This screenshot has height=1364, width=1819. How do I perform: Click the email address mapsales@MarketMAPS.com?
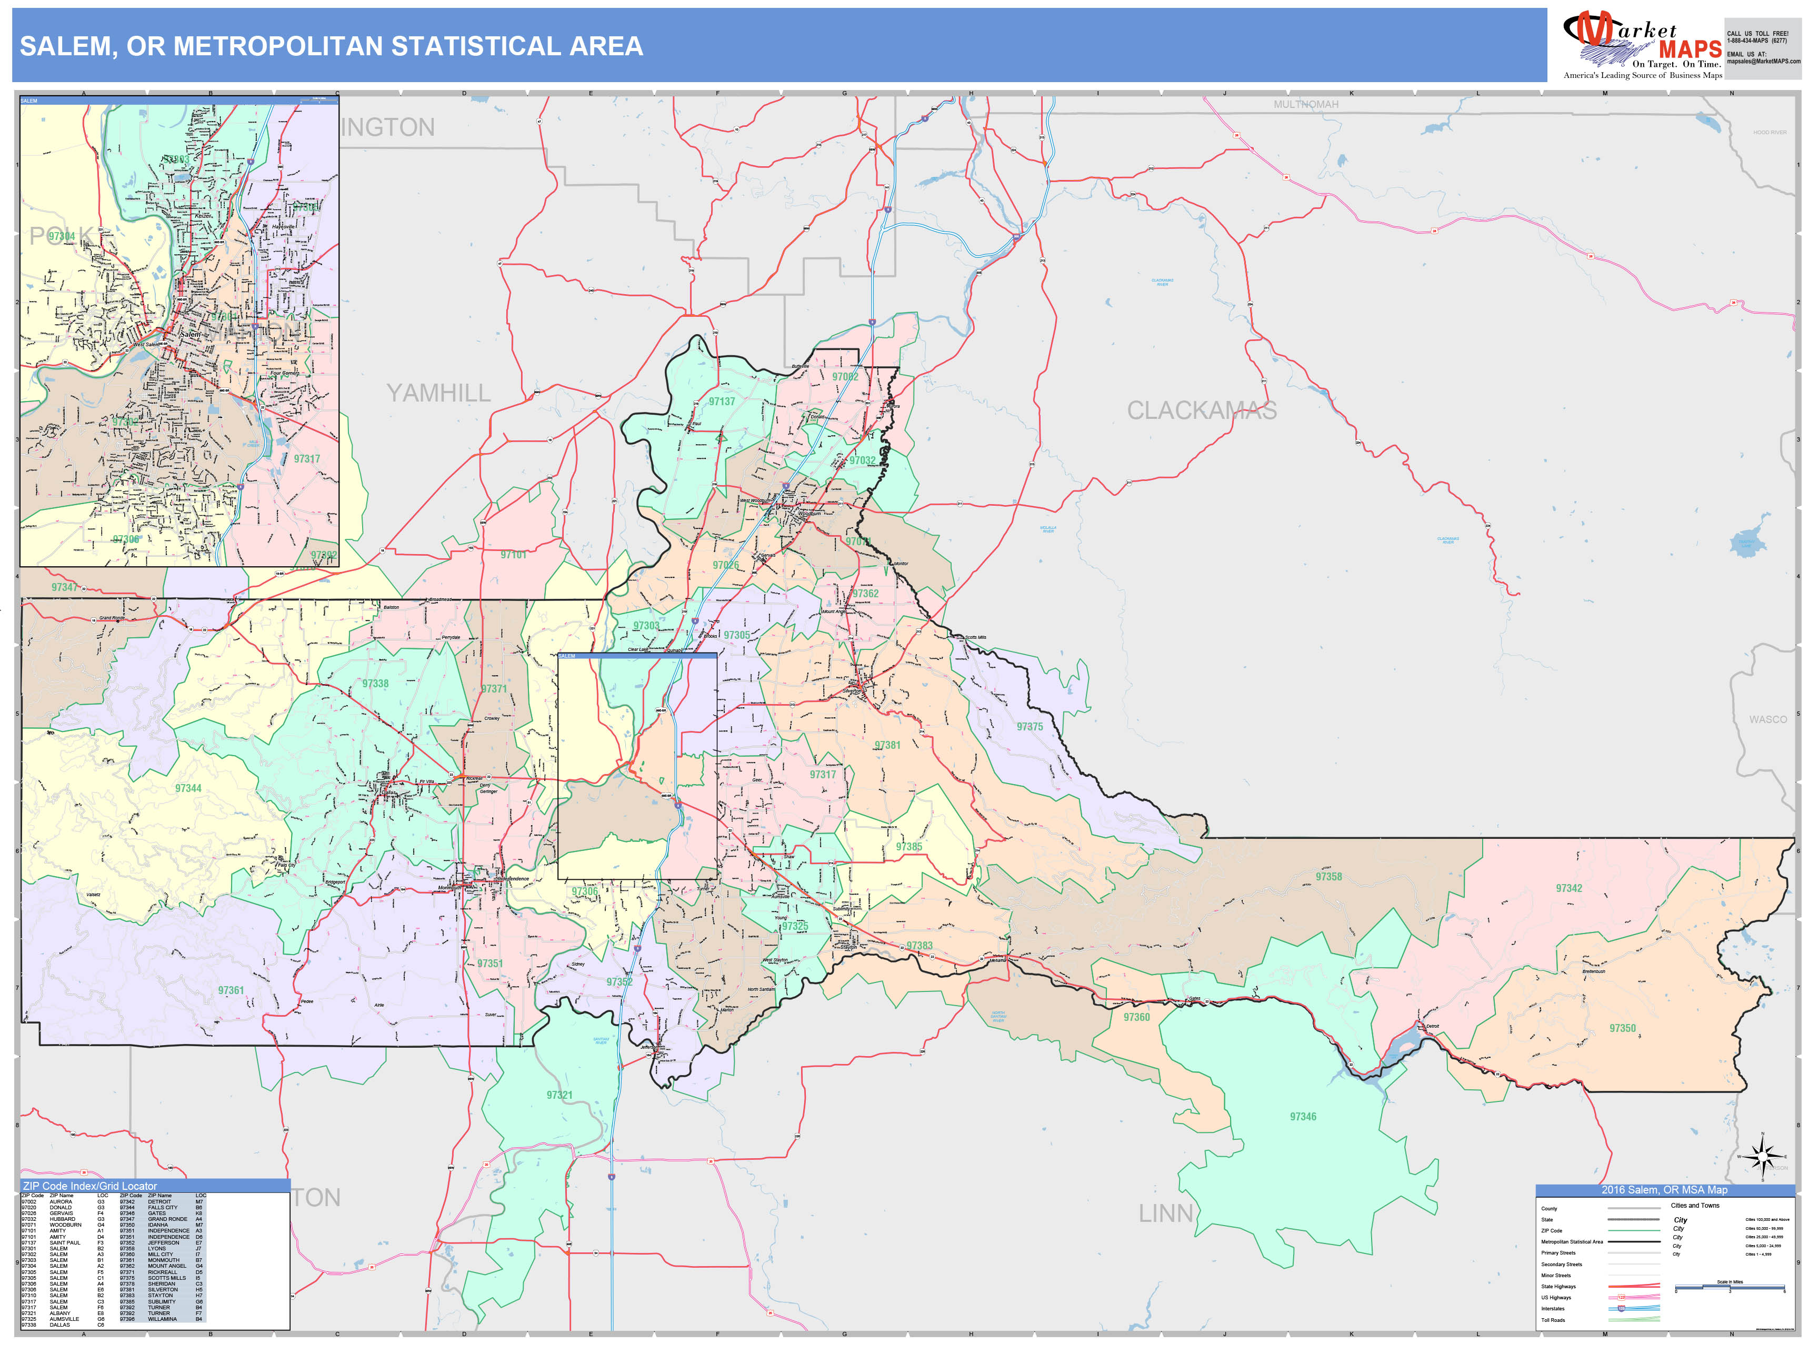point(1763,61)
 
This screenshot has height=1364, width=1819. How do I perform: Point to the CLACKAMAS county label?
point(1202,410)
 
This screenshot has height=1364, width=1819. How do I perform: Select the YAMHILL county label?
point(438,393)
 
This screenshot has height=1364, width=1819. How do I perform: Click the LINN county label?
point(1165,1213)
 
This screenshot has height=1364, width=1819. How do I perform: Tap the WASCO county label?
point(1767,719)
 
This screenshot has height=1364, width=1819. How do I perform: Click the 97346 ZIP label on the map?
point(1303,1117)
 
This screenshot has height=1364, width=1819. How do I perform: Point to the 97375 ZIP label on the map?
point(1030,727)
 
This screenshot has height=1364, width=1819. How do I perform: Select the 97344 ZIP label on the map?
point(188,788)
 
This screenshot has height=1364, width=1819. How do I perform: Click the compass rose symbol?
point(1762,1157)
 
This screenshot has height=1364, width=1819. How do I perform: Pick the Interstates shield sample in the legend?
point(1622,1308)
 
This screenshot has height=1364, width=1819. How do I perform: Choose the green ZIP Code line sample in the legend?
point(1633,1231)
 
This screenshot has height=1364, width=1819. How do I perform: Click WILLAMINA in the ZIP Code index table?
point(163,1319)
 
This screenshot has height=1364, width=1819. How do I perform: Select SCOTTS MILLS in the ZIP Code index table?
point(167,1278)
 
